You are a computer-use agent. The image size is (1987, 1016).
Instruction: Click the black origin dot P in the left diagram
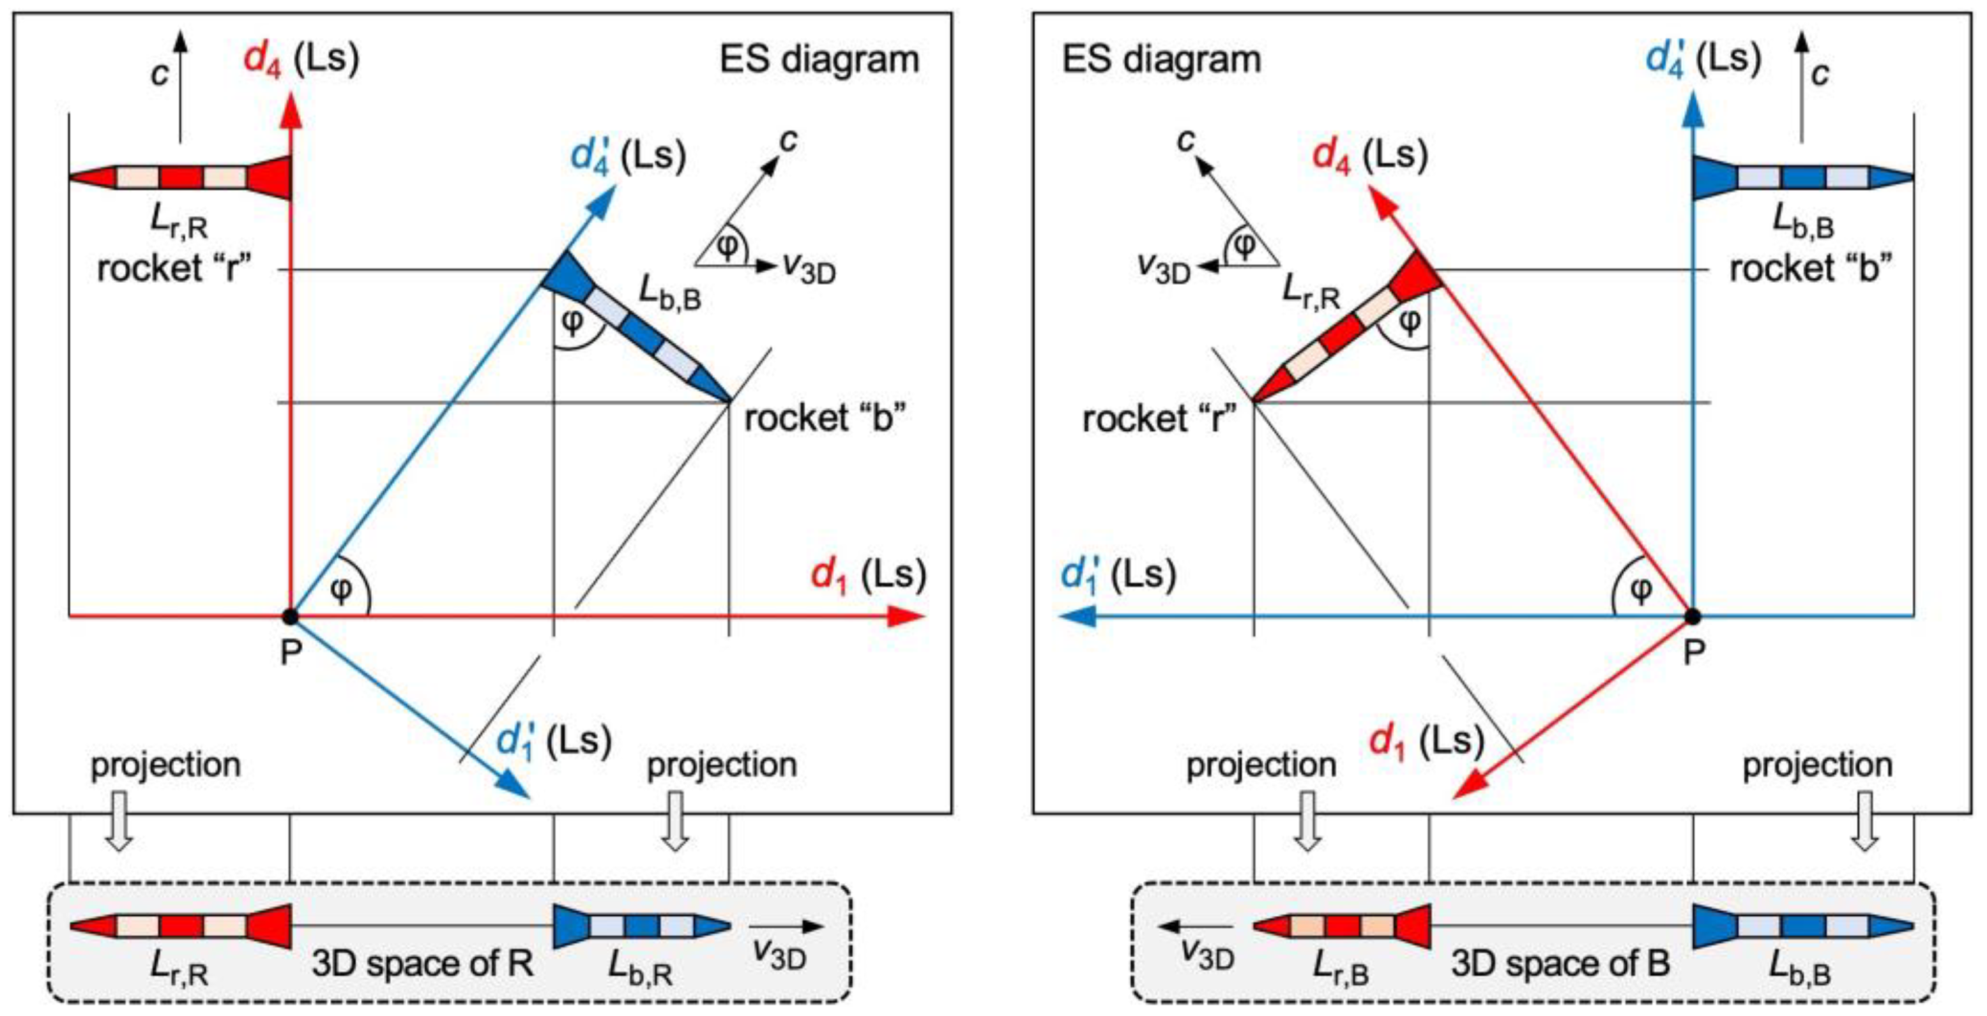[290, 616]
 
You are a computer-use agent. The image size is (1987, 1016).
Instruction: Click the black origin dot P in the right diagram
[1693, 616]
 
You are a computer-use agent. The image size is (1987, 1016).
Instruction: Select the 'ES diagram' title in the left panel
[819, 59]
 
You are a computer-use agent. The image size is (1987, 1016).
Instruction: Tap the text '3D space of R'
[422, 963]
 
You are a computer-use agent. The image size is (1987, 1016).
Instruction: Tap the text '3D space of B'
[1560, 963]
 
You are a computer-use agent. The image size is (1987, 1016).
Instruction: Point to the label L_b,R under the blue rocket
[640, 967]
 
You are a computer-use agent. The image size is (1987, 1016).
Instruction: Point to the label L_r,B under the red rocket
[1341, 967]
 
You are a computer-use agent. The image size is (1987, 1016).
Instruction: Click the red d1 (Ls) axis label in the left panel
[868, 576]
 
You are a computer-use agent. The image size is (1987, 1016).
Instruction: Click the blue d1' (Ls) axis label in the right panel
[1118, 576]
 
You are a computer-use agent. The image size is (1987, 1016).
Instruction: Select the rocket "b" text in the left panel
[824, 419]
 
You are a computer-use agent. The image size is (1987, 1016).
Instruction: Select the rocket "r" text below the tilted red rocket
[1159, 419]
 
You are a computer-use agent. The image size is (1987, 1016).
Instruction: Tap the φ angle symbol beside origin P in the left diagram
[340, 590]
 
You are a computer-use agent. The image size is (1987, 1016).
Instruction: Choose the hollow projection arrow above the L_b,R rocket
[675, 822]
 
